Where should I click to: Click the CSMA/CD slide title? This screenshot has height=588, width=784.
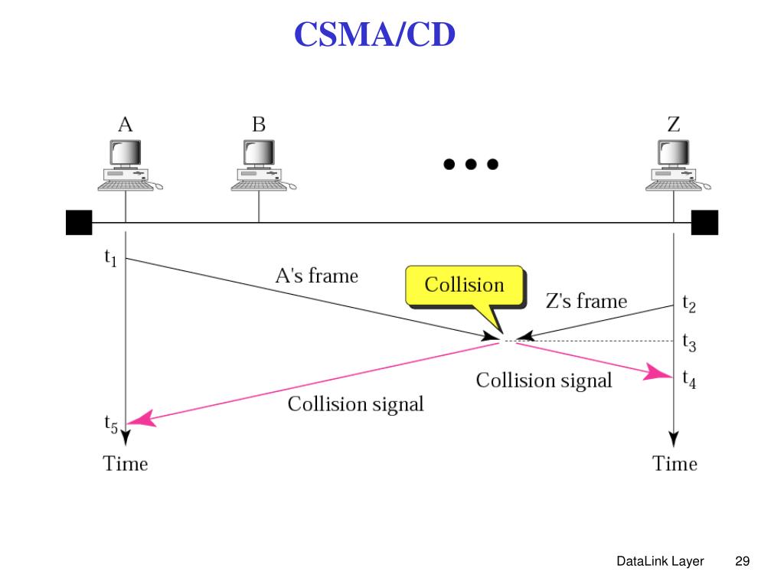pos(375,35)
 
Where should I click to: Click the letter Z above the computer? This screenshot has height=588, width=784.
pos(674,124)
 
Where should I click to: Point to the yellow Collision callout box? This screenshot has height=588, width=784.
pos(465,286)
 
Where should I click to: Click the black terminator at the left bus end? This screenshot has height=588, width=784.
pos(79,222)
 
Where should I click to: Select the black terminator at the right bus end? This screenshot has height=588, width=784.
pos(704,222)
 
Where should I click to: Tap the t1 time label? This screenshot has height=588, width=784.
pos(111,259)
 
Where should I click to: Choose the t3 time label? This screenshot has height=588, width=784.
pos(689,342)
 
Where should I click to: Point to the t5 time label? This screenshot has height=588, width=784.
pos(111,423)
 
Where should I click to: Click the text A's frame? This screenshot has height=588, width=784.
pos(316,276)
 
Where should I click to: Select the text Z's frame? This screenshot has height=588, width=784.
pos(586,301)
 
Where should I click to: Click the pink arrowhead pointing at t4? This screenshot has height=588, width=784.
pos(657,373)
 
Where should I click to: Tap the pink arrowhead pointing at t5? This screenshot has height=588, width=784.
pos(142,419)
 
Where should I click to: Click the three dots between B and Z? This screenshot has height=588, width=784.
pos(470,164)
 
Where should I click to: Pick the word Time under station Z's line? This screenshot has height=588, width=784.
pos(675,463)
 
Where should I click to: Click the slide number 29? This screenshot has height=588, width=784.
pos(741,561)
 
